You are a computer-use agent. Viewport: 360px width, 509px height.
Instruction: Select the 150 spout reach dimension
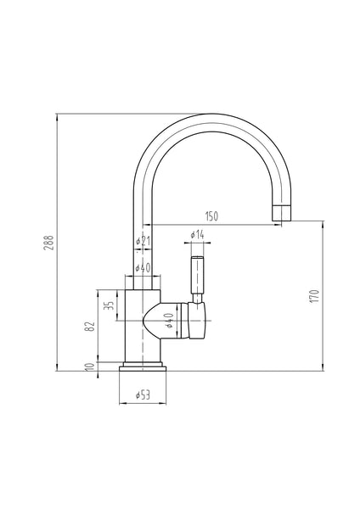pyautogui.click(x=211, y=217)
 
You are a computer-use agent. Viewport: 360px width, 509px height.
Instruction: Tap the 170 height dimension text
pyautogui.click(x=314, y=296)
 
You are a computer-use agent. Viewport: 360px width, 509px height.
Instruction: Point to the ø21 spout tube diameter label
pyautogui.click(x=143, y=242)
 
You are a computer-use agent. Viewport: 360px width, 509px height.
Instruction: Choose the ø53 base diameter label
pyautogui.click(x=143, y=393)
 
